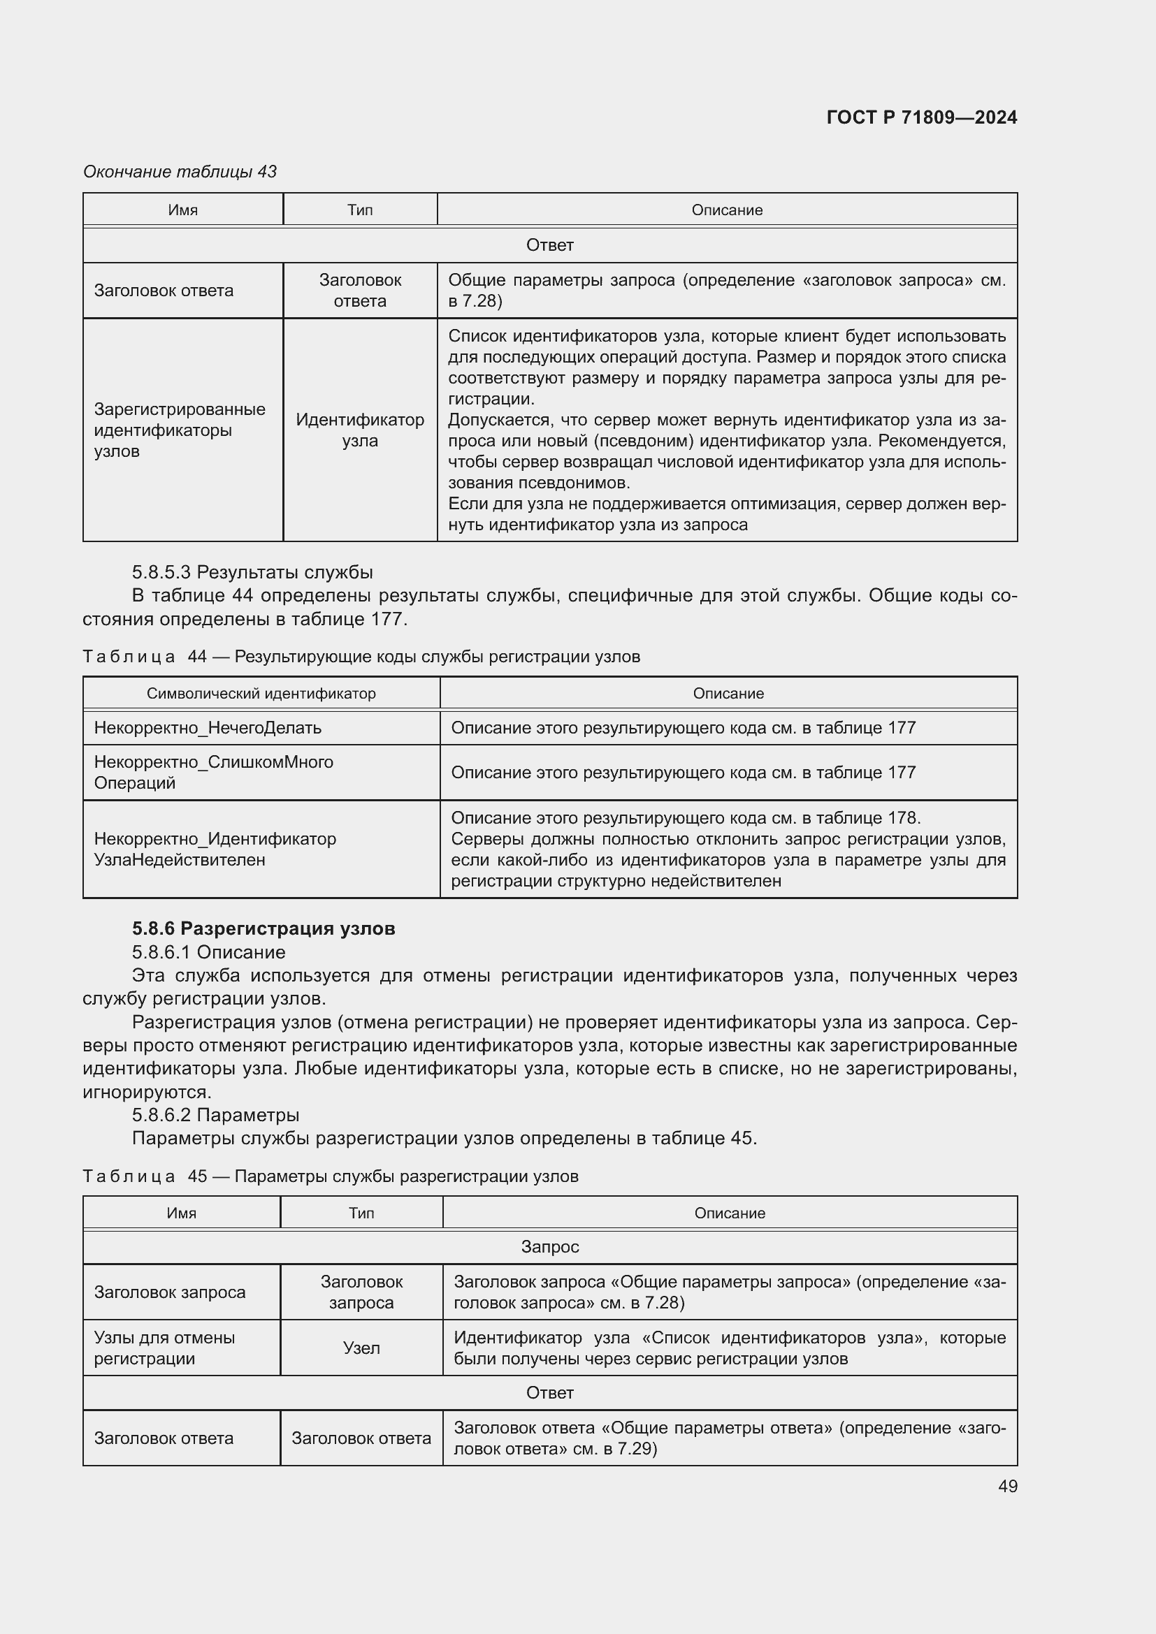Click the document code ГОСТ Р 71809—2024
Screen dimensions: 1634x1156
921,117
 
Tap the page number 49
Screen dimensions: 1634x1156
1007,1486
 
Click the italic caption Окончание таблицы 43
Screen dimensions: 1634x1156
180,172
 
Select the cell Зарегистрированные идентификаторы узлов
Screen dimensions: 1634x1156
180,430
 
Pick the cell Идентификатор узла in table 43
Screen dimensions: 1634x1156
359,430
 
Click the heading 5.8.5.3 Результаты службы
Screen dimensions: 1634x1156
252,572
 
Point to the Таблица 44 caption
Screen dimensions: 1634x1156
361,656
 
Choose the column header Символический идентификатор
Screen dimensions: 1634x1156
261,693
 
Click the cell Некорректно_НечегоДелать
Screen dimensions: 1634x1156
207,728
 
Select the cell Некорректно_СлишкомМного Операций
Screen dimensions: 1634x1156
213,772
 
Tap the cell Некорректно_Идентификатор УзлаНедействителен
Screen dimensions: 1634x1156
215,849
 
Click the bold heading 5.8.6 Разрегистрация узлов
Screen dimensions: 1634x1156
263,928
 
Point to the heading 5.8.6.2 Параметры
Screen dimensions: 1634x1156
215,1114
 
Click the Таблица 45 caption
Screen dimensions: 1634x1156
331,1176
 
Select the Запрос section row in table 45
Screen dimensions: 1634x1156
549,1247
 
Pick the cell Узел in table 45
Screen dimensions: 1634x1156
361,1348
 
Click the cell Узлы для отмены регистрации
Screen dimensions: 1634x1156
164,1348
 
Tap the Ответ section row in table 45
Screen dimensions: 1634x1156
549,1393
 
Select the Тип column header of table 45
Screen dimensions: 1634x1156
361,1213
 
